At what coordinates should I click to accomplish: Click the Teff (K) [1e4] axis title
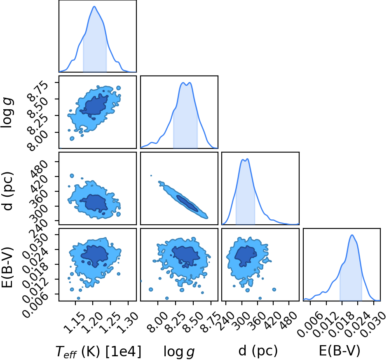(x=98, y=351)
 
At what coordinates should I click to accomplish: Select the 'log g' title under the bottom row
(x=179, y=352)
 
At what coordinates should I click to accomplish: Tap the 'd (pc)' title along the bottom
(x=258, y=351)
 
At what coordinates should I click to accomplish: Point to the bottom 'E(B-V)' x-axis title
(x=340, y=351)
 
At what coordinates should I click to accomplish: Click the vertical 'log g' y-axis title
(x=7, y=113)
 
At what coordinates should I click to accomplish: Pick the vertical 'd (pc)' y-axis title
(x=7, y=191)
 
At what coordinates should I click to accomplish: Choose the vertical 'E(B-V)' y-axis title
(x=7, y=267)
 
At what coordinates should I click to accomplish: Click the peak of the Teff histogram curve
(x=94, y=7)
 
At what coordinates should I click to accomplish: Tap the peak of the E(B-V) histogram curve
(x=352, y=235)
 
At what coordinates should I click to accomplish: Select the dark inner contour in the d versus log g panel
(x=187, y=203)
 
